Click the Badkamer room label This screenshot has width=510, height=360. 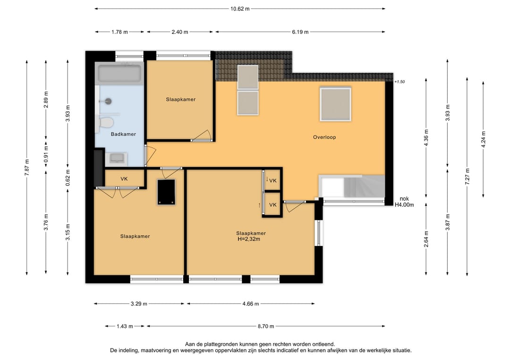(x=123, y=134)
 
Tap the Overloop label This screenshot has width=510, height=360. (x=324, y=137)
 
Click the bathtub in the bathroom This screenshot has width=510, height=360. (x=119, y=73)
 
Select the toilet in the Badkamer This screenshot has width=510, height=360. (x=105, y=123)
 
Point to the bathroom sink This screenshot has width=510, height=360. (x=116, y=159)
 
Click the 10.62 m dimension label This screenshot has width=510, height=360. (x=240, y=9)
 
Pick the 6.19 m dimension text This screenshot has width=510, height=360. (x=300, y=32)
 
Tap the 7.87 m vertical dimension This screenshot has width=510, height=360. (x=27, y=167)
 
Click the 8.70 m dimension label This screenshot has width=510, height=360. (x=266, y=326)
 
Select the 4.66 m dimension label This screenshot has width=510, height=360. (x=250, y=304)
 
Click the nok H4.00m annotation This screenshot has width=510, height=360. (x=404, y=202)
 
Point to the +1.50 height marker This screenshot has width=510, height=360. (x=399, y=82)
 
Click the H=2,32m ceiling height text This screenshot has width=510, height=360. (x=249, y=239)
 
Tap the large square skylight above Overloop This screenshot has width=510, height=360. (x=335, y=104)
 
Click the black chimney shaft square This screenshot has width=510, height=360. (x=166, y=192)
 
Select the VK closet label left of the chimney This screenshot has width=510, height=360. (x=124, y=179)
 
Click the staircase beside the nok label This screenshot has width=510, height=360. (x=352, y=186)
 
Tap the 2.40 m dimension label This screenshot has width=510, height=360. (x=180, y=32)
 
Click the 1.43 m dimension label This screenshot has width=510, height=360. (x=125, y=326)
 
